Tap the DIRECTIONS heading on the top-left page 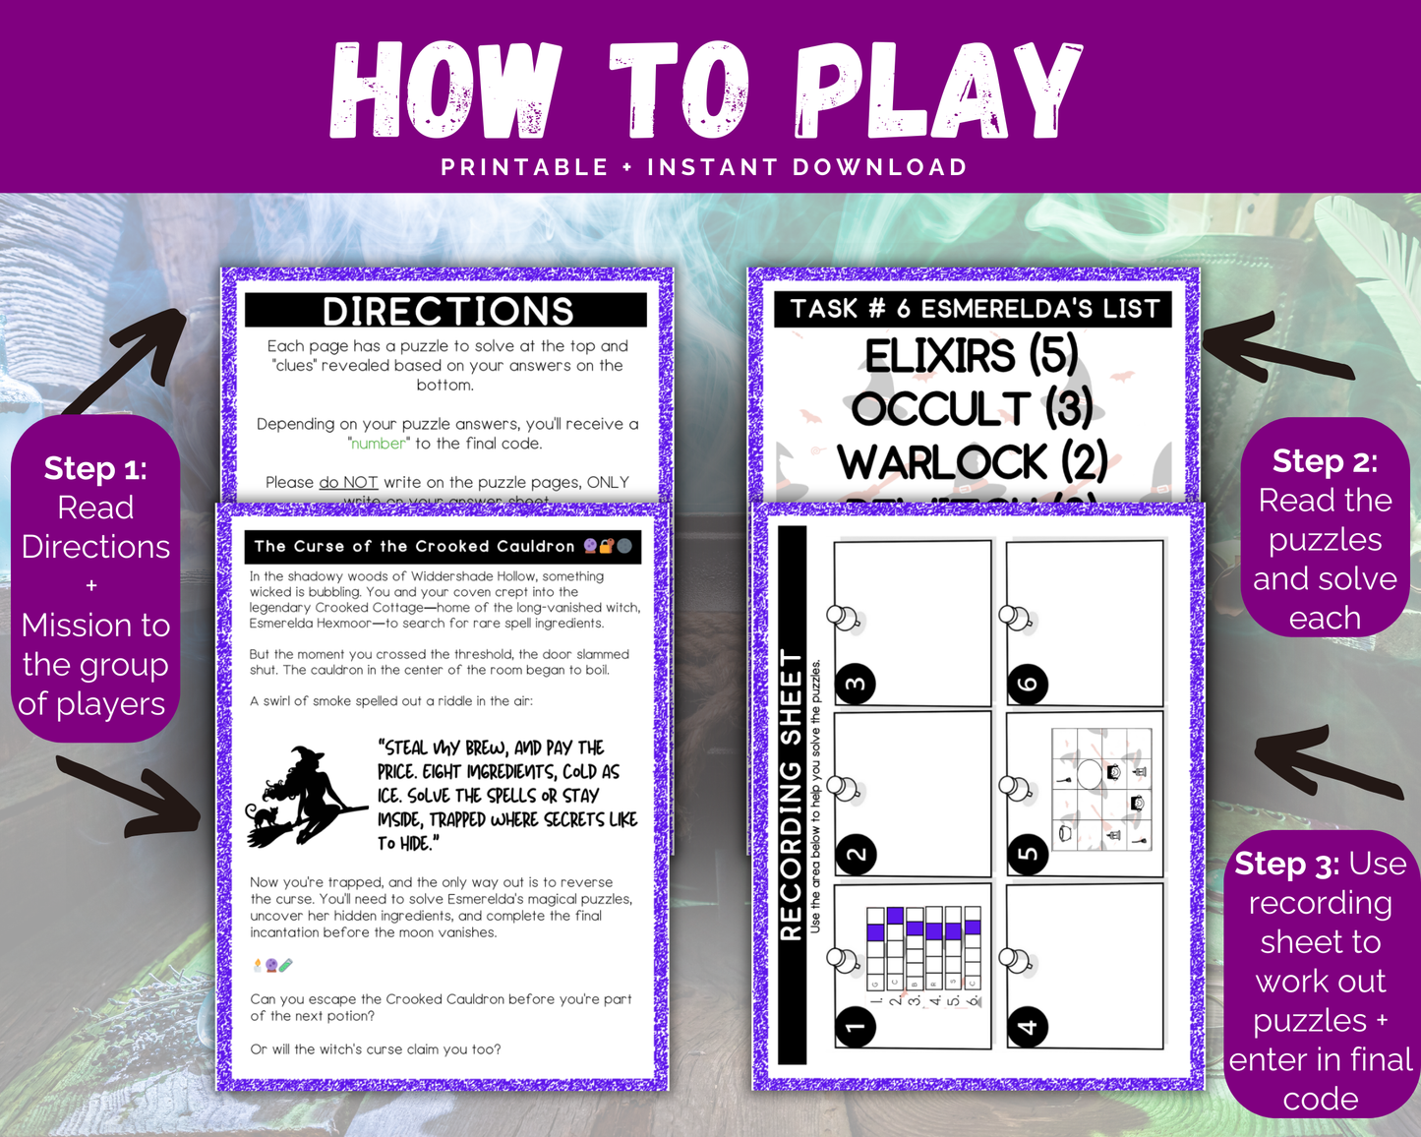447,311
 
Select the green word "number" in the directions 379,444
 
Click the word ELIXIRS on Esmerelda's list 939,355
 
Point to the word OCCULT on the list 941,408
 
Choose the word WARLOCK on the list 942,461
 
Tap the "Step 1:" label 95,468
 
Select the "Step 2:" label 1325,460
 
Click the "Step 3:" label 1286,864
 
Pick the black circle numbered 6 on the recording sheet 1028,684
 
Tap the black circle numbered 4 1028,1027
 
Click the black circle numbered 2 856,854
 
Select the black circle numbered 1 856,1027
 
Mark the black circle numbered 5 1028,854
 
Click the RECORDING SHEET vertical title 792,795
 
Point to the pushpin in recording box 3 844,618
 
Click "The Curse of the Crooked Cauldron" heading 414,546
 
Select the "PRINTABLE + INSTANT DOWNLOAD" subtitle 704,167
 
